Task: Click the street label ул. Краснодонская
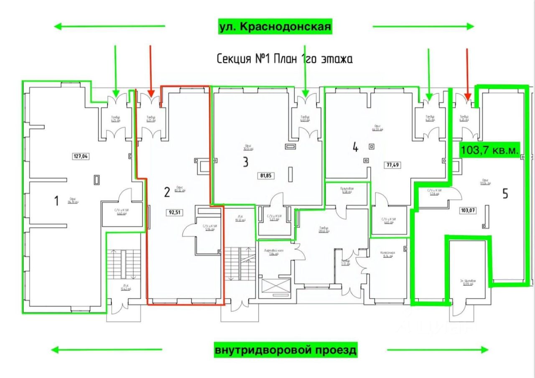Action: tap(275, 27)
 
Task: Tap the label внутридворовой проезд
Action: tap(286, 350)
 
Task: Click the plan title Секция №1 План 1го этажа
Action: tap(284, 59)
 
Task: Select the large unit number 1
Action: tap(56, 201)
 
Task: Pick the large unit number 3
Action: tap(245, 162)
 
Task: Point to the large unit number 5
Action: tap(505, 194)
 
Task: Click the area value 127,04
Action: tap(82, 157)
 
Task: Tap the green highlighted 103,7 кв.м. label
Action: tap(489, 149)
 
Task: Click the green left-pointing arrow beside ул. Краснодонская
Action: tap(110, 27)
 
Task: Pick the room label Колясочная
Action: tap(387, 253)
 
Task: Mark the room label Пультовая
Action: tap(347, 189)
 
